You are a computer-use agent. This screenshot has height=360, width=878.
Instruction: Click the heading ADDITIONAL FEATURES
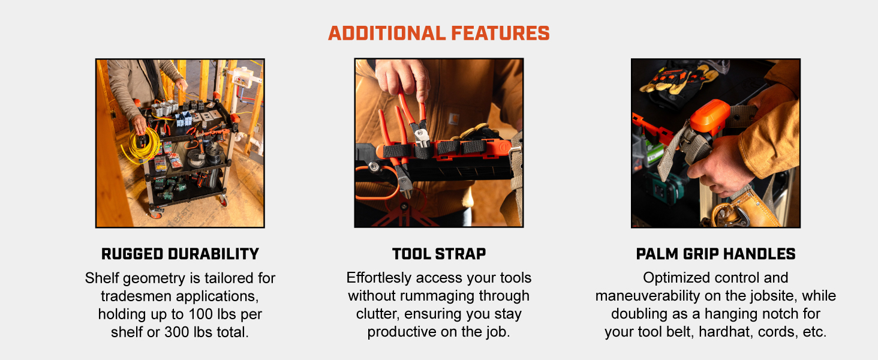[438, 33]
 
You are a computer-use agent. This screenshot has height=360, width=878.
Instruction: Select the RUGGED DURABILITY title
[180, 254]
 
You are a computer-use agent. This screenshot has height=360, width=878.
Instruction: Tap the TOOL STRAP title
[438, 254]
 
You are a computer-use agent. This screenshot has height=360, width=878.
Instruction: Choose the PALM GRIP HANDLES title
[715, 254]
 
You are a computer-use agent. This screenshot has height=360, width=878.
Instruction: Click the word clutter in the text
[376, 314]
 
